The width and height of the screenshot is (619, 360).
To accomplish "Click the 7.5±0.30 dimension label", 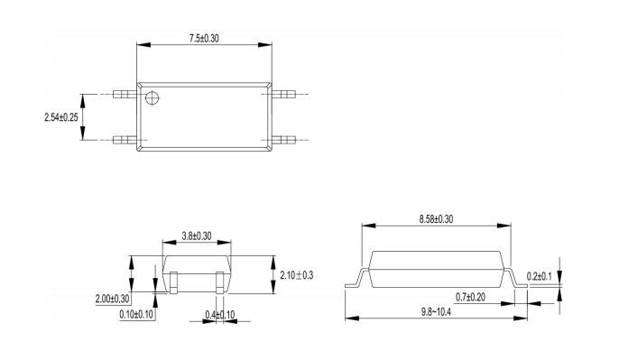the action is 204,38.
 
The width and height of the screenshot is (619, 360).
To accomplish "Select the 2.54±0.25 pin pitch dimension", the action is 61,117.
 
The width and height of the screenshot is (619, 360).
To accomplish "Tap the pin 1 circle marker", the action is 152,97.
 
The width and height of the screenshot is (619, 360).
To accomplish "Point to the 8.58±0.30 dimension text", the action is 436,219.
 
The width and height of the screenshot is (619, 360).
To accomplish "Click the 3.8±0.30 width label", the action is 197,236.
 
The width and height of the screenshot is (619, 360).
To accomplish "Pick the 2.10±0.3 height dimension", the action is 297,275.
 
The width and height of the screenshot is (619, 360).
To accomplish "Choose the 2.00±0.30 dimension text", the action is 113,299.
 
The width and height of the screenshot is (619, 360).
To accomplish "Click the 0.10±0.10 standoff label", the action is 136,315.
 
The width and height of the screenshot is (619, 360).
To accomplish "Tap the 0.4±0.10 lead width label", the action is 220,315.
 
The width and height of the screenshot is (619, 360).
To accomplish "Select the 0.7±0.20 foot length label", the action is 471,297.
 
